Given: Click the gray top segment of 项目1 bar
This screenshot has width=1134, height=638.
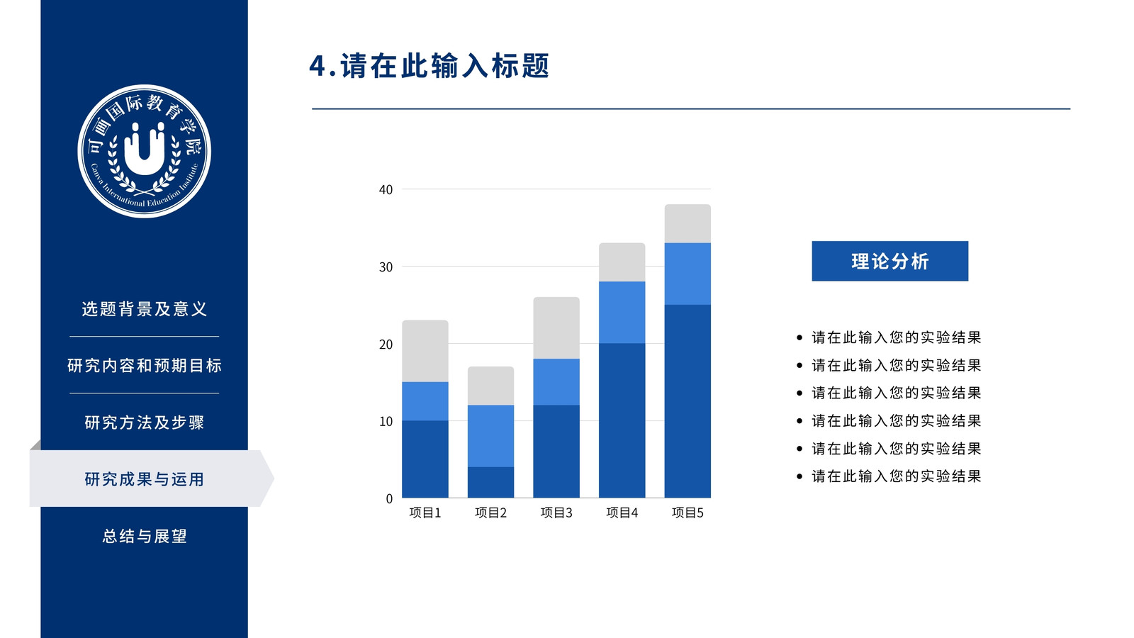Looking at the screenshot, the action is click(425, 351).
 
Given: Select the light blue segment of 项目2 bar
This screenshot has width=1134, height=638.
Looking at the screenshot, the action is click(490, 436).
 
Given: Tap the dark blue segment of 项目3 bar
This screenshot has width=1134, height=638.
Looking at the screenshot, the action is click(556, 451).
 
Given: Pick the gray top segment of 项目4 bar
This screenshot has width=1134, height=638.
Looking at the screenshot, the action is click(622, 262).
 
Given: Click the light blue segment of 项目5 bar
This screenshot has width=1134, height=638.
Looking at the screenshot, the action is click(687, 274).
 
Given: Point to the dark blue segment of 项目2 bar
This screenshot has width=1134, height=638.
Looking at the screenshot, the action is click(490, 482).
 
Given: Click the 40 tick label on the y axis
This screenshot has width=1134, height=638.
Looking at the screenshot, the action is click(386, 190).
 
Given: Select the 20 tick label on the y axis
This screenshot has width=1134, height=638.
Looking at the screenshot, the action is click(386, 345).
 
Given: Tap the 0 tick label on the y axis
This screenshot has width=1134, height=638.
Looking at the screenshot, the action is click(389, 499).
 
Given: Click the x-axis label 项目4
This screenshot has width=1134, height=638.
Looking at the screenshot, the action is click(622, 513).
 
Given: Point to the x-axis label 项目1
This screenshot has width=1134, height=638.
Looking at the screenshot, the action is click(425, 513).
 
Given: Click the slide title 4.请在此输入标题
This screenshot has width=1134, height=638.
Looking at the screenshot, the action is click(430, 66).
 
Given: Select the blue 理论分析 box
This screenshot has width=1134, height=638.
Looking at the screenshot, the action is click(890, 262).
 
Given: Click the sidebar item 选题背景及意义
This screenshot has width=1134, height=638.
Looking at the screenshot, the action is click(145, 309).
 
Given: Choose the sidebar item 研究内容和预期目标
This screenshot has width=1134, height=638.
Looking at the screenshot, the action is click(145, 366).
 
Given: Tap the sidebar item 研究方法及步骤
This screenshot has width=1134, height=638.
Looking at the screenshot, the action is click(145, 422).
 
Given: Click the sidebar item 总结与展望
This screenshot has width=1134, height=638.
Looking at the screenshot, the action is click(145, 536).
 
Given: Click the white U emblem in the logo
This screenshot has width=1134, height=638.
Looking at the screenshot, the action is click(145, 150).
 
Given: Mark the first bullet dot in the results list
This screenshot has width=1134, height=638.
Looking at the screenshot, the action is click(799, 337).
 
